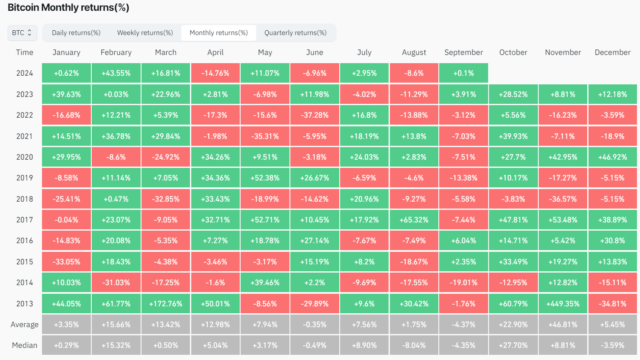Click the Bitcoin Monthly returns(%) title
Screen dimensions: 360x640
(x=68, y=8)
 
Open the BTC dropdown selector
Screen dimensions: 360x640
(x=22, y=33)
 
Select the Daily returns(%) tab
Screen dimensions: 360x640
(x=76, y=33)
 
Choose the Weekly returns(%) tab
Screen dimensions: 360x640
(x=145, y=33)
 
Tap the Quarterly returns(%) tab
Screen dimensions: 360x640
(x=296, y=33)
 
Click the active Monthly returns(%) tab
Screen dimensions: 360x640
(x=219, y=33)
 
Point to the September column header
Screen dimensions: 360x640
(x=463, y=52)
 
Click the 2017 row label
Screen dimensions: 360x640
(x=25, y=220)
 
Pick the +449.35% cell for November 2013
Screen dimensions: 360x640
(x=563, y=304)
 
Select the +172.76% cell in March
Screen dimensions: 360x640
(x=166, y=304)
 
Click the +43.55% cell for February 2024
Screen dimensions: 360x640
(x=116, y=73)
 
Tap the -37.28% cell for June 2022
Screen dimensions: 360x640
(x=315, y=115)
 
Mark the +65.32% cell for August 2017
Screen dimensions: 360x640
(x=414, y=220)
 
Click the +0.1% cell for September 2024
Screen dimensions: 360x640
(x=463, y=73)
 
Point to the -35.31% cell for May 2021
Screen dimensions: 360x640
(x=265, y=136)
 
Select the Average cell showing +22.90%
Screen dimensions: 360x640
(x=513, y=325)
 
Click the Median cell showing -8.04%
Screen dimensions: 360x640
(x=414, y=345)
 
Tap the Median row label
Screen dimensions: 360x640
(x=25, y=345)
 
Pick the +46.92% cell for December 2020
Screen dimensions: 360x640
(x=612, y=157)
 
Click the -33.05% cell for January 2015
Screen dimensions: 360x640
(x=66, y=262)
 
